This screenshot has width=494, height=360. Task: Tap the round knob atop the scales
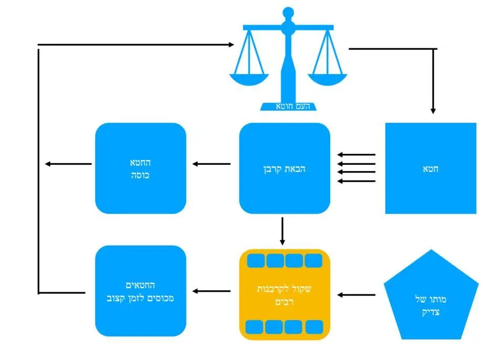pyautogui.click(x=288, y=12)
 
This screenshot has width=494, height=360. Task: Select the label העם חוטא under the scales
pyautogui.click(x=293, y=107)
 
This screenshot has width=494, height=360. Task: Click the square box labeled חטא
pyautogui.click(x=430, y=168)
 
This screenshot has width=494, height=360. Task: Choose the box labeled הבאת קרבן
pyautogui.click(x=285, y=168)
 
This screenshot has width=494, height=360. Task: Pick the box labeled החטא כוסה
pyautogui.click(x=140, y=168)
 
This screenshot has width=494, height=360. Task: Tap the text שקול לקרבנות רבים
pyautogui.click(x=285, y=295)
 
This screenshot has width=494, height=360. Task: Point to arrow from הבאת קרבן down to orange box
pyautogui.click(x=282, y=231)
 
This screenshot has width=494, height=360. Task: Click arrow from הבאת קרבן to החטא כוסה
pyautogui.click(x=211, y=164)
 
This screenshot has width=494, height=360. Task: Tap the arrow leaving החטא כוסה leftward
pyautogui.click(x=68, y=164)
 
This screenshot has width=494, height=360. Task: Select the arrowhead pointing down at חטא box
pyautogui.click(x=433, y=111)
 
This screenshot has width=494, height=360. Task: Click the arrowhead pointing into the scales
pyautogui.click(x=231, y=45)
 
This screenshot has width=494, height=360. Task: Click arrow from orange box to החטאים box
pyautogui.click(x=211, y=291)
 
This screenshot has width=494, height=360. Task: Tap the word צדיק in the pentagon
pyautogui.click(x=431, y=312)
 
